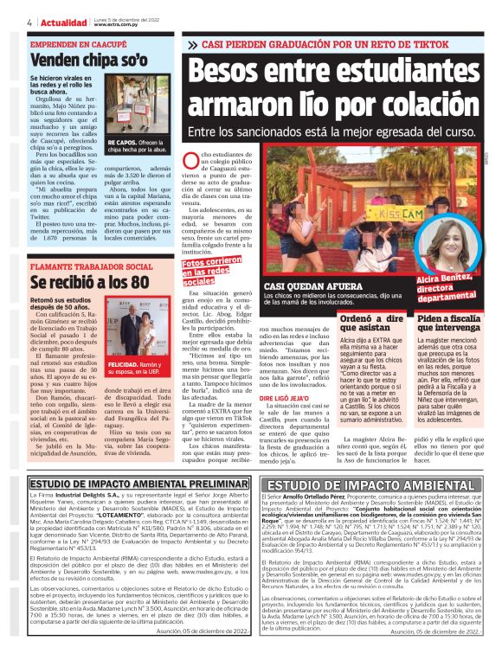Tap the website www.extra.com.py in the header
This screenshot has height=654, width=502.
(115, 24)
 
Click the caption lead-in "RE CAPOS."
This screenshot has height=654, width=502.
(122, 143)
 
